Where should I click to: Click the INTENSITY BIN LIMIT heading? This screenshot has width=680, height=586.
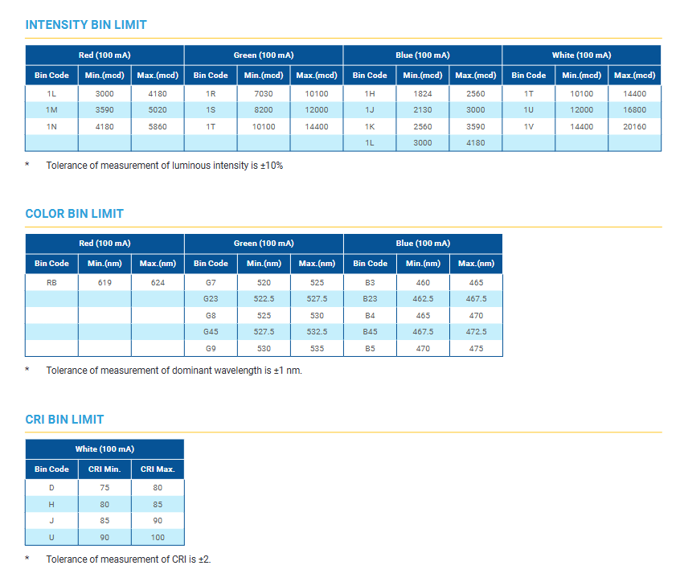pos(86,25)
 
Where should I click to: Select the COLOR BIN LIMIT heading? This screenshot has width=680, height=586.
pos(74,214)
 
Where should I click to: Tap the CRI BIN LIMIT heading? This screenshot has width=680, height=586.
pos(64,420)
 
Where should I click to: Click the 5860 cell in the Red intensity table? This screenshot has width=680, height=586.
pos(158,126)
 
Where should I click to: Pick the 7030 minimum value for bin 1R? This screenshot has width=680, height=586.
pos(264,93)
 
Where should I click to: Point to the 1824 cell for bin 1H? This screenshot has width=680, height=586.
pos(423,93)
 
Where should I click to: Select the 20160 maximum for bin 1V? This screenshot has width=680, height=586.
pos(634,126)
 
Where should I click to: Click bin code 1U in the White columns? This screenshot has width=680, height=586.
pos(528,109)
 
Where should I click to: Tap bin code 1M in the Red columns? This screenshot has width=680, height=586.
pos(51,109)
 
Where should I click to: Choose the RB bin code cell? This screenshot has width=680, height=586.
pos(51,282)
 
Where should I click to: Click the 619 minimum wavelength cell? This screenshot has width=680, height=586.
pos(104,282)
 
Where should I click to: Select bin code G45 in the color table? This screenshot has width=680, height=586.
pos(211,331)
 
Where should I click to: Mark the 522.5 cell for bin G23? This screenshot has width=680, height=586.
pos(264,298)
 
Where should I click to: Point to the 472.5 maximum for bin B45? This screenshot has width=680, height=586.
pos(476,331)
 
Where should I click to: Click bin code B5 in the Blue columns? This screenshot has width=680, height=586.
pos(370,348)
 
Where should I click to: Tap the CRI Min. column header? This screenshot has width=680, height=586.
pos(104,469)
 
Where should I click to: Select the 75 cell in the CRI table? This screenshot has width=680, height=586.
pos(104,487)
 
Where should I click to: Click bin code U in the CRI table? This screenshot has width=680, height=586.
pos(51,537)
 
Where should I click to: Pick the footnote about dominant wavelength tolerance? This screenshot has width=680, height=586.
pos(174,371)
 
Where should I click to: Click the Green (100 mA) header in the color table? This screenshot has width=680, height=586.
pos(264,243)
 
